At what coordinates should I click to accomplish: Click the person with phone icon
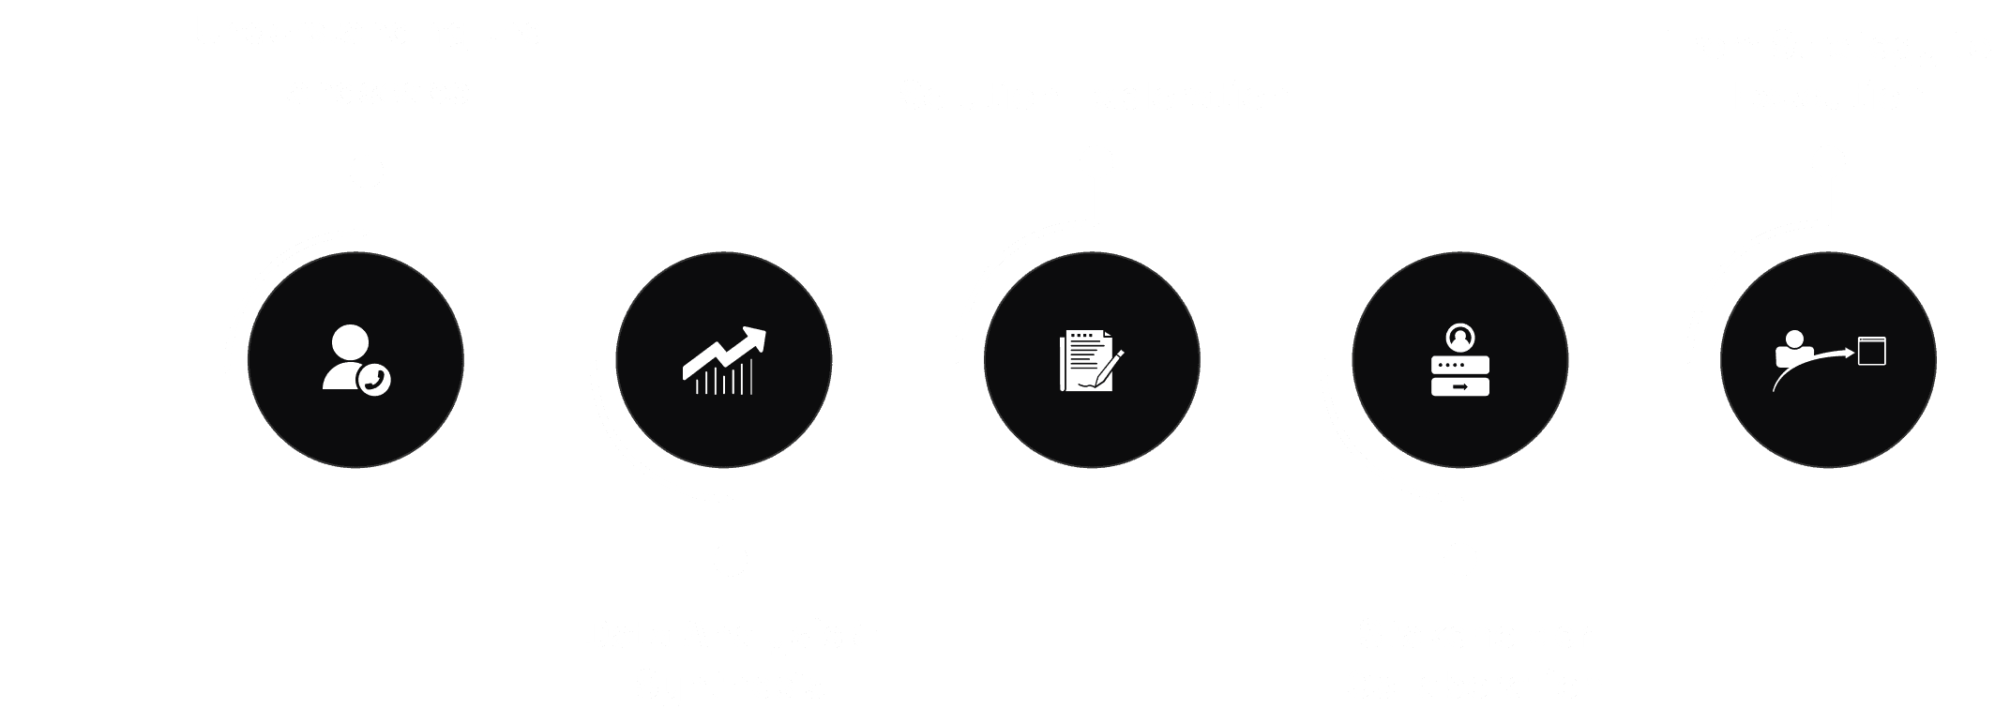pyautogui.click(x=355, y=359)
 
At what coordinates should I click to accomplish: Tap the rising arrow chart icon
pyautogui.click(x=723, y=360)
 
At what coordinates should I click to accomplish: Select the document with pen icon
pyautogui.click(x=1091, y=360)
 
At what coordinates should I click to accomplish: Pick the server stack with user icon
pyautogui.click(x=1459, y=360)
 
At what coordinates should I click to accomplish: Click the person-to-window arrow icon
pyautogui.click(x=1828, y=360)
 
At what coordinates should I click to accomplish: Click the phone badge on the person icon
pyautogui.click(x=375, y=380)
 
